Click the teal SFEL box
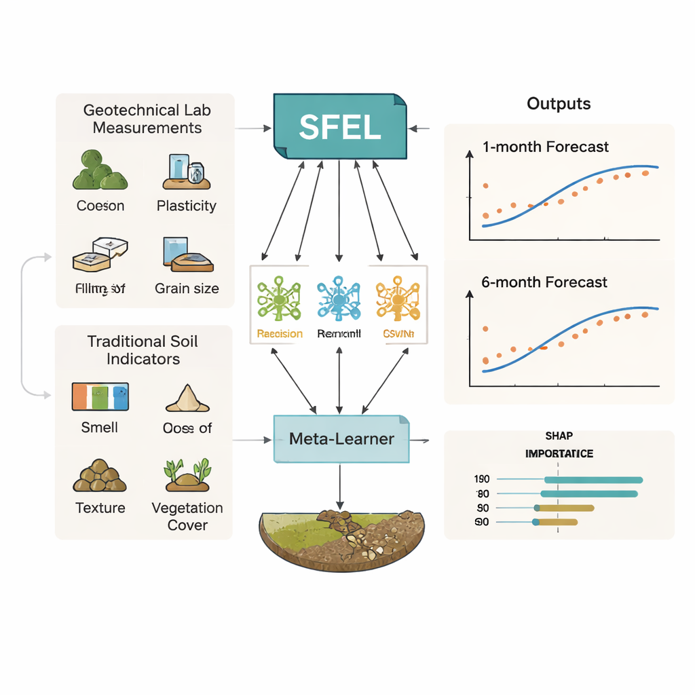pyautogui.click(x=339, y=127)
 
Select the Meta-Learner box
pyautogui.click(x=341, y=439)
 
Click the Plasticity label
pyautogui.click(x=186, y=206)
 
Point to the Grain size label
pyautogui.click(x=187, y=288)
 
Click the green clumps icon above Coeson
pyautogui.click(x=100, y=172)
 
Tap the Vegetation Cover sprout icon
pyautogui.click(x=187, y=474)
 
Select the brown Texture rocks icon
pyautogui.click(x=100, y=476)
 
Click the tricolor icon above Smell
pyautogui.click(x=100, y=396)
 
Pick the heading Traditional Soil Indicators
pyautogui.click(x=143, y=350)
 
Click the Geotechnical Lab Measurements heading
pyautogui.click(x=147, y=119)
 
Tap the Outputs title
pyautogui.click(x=559, y=104)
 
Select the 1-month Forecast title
pyautogui.click(x=545, y=147)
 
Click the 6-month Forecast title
pyautogui.click(x=544, y=282)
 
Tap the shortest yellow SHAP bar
pyautogui.click(x=556, y=522)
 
